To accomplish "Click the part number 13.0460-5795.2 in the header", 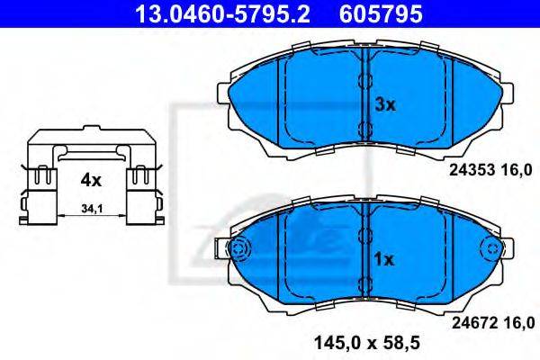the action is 223,14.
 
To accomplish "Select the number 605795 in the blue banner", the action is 381,14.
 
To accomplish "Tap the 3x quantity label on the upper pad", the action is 385,104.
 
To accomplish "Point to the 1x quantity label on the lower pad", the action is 384,259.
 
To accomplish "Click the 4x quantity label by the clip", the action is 91,180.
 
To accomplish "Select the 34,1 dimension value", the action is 92,209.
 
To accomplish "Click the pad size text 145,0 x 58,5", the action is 367,342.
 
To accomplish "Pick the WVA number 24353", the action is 472,170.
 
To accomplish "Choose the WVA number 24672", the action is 474,323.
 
